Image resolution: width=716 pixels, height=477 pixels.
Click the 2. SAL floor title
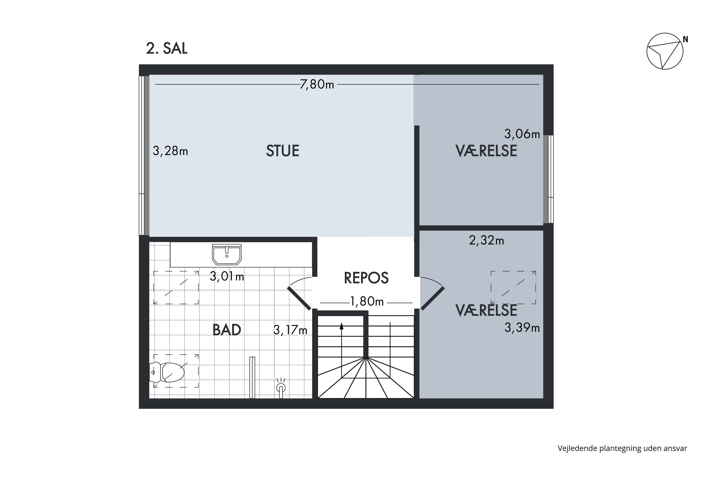167,48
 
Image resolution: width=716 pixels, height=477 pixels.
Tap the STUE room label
283,151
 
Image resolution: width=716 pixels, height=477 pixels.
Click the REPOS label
366,278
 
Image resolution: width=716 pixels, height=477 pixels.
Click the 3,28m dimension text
170,151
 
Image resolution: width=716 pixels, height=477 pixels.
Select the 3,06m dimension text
522,134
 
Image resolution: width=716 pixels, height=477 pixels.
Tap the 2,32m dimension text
486,241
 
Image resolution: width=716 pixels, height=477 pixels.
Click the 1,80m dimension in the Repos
367,302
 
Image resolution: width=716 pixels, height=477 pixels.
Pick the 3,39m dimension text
522,328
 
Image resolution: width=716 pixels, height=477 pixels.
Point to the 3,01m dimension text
227,276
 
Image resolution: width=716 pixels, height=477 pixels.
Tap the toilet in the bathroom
168,372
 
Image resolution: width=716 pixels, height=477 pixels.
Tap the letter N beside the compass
685,40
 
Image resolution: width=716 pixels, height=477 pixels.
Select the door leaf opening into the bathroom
300,298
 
